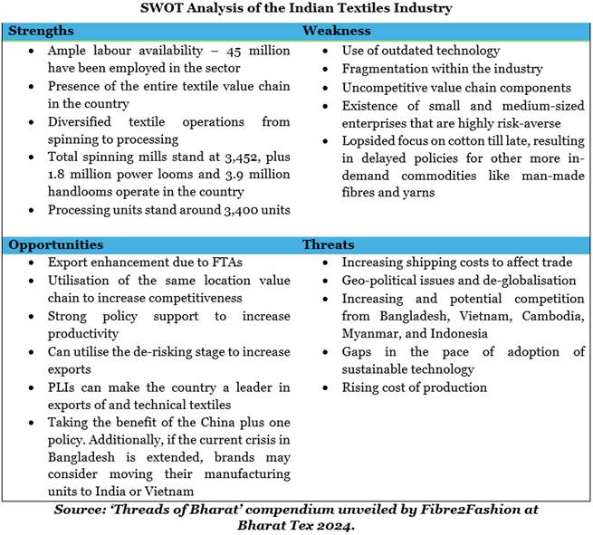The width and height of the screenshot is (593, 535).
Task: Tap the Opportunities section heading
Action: [56, 244]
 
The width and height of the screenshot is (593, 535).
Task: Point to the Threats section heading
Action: [327, 244]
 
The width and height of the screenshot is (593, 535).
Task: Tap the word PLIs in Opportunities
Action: [62, 387]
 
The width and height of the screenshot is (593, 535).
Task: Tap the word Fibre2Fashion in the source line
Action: [469, 509]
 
